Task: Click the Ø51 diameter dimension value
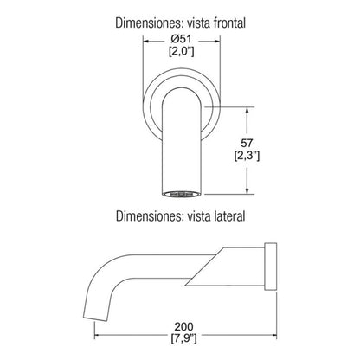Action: (181, 39)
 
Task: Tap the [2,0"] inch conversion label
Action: (181, 51)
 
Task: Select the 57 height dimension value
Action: (247, 143)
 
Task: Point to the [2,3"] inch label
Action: (247, 156)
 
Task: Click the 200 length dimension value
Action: (183, 327)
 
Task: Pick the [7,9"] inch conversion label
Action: (183, 338)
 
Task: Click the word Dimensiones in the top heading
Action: (148, 22)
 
